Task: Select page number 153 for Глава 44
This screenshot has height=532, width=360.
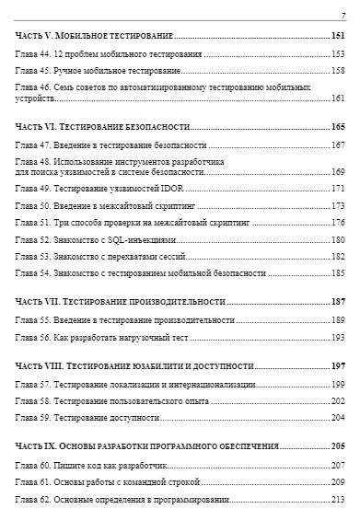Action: coord(338,53)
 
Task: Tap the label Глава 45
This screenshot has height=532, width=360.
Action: coord(34,69)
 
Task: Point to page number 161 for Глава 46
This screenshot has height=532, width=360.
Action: coord(338,98)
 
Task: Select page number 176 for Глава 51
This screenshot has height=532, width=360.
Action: coord(338,221)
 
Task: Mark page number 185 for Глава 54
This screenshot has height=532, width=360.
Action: coord(338,272)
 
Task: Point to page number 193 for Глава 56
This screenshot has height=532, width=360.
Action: coord(338,337)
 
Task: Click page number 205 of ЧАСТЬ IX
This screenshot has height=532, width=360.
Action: coord(338,445)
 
